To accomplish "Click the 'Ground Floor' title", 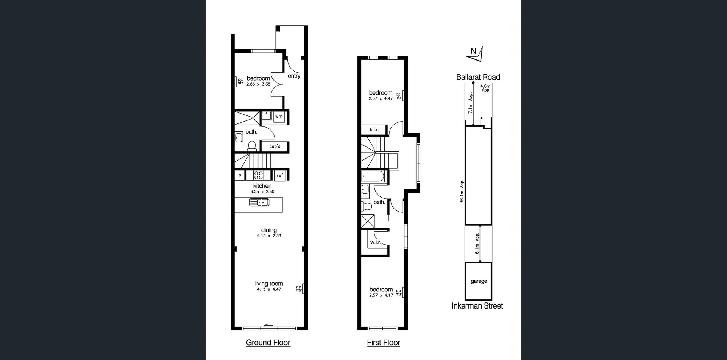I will (268, 343).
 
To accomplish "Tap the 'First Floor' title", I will (383, 343).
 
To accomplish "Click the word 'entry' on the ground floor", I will (294, 76).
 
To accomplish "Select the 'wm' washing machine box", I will (279, 117).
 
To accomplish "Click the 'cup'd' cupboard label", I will (275, 146).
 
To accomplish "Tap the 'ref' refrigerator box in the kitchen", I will (280, 175).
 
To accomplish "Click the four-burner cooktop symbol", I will (259, 175).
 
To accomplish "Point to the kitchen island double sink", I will (259, 203).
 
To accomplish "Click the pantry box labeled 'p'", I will (240, 175).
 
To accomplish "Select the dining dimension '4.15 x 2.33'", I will (269, 236).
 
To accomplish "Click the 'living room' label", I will (269, 284).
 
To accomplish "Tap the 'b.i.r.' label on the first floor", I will (374, 129).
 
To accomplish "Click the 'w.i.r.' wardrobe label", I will (375, 242).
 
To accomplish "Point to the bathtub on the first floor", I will (373, 176).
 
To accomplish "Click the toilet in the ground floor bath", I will (252, 145).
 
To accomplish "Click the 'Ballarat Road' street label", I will (478, 77).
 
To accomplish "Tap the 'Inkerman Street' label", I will (477, 306).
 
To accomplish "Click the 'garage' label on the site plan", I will (479, 281).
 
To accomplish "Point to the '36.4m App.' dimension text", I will (462, 192).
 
